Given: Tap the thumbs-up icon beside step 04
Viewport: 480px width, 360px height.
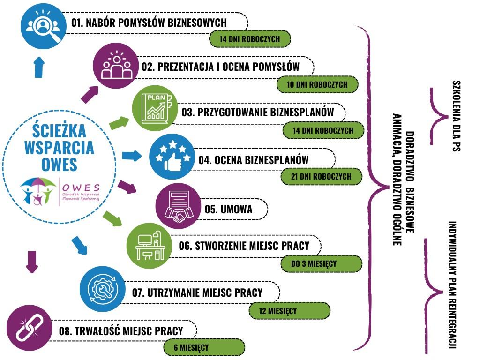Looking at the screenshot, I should pyautogui.click(x=171, y=156).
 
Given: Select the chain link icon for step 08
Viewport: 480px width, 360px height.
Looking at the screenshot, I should pyautogui.click(x=29, y=327).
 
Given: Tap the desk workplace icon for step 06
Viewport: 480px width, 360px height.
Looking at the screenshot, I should pyautogui.click(x=150, y=245).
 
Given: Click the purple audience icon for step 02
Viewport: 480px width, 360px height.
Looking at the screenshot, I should pyautogui.click(x=115, y=66).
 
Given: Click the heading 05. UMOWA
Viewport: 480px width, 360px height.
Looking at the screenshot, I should pyautogui.click(x=228, y=210).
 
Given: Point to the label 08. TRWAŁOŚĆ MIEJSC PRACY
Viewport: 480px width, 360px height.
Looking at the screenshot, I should pyautogui.click(x=121, y=331).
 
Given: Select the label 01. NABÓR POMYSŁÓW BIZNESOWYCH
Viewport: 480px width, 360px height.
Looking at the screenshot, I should pyautogui.click(x=149, y=22).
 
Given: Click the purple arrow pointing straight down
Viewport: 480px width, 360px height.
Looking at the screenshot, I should pyautogui.click(x=31, y=261).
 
